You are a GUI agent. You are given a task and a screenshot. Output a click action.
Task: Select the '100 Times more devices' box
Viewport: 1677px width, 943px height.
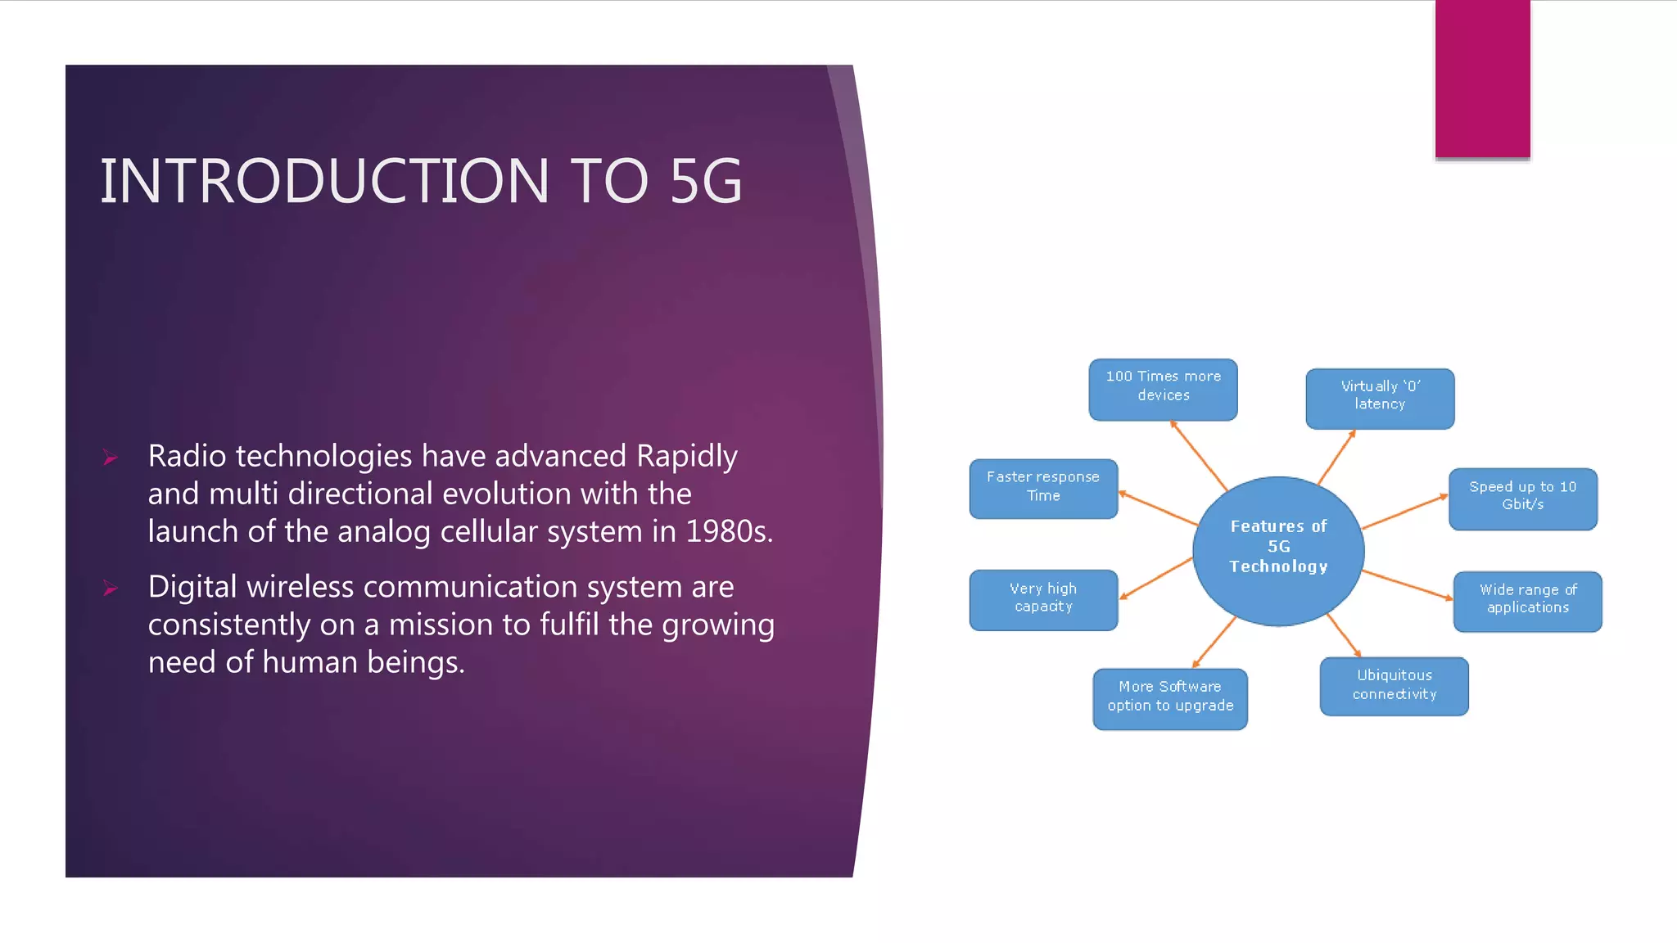pos(1163,390)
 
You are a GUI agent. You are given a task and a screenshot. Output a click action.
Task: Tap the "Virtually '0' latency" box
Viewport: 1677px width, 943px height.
pos(1380,399)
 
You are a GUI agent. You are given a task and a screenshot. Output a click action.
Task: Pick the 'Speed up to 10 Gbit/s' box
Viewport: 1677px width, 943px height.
pos(1522,499)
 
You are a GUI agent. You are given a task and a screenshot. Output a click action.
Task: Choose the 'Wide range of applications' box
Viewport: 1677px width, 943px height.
pos(1527,601)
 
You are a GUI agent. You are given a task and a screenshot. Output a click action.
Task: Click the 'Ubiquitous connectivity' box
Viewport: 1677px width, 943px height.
pos(1394,686)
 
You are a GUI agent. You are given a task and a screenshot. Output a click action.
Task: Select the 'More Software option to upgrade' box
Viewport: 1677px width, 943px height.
pos(1170,698)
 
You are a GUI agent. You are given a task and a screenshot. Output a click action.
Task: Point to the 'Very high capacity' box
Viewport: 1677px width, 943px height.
pos(1043,599)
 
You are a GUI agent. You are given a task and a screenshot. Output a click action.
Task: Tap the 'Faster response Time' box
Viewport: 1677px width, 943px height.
pos(1043,488)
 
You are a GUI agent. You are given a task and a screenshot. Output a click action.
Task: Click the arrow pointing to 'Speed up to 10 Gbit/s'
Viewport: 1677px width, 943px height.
pos(1404,512)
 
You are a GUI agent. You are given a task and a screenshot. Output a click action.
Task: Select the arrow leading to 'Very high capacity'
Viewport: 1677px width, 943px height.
pos(1156,578)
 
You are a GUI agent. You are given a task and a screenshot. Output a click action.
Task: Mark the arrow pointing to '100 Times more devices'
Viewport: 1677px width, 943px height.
pos(1199,455)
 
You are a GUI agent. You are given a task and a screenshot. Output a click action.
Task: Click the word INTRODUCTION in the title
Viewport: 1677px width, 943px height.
pos(324,181)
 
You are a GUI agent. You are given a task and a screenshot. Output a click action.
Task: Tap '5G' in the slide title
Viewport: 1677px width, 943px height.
pos(706,181)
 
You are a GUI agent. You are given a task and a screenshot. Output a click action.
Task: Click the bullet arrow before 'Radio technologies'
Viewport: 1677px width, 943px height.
pos(111,458)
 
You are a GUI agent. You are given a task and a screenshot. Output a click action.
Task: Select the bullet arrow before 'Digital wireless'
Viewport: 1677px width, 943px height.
pos(111,589)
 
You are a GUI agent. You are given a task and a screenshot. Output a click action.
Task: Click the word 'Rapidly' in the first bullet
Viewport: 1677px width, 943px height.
pos(686,457)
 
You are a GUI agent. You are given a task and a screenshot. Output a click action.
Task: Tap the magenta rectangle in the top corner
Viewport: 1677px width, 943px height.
pos(1482,79)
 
